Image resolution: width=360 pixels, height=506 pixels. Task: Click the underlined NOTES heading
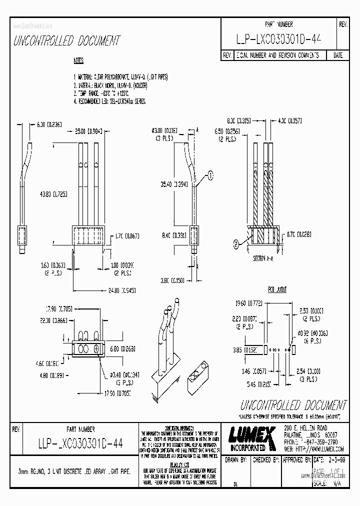pos(78,61)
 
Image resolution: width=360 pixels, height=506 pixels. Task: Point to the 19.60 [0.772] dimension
pos(246,303)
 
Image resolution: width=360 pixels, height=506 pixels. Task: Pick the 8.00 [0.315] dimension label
pos(239,120)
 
